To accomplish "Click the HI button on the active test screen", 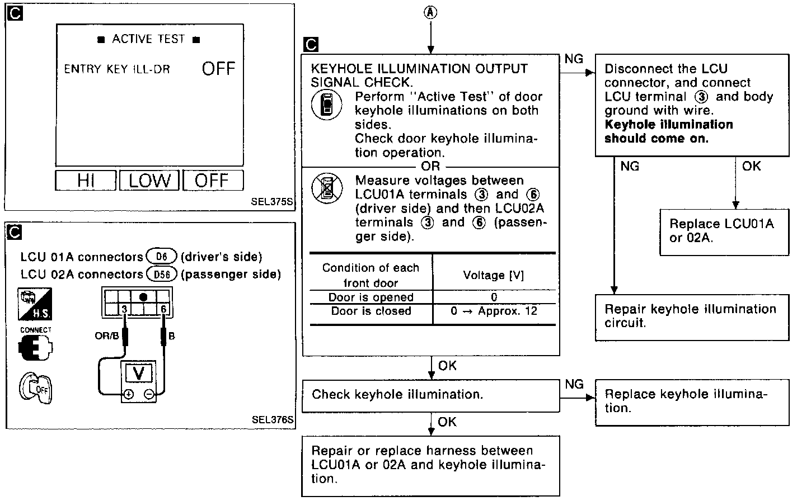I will tap(86, 181).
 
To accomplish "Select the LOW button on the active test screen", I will tap(149, 181).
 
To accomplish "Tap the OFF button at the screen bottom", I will tap(213, 181).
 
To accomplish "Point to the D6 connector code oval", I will tap(162, 257).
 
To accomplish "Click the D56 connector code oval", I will tap(162, 274).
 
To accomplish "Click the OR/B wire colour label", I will tap(106, 336).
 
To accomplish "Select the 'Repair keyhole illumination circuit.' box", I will tap(690, 316).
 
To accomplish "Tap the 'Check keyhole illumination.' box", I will tap(431, 395).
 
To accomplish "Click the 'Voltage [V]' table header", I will tap(493, 275).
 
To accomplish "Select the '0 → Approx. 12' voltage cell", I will tap(494, 311).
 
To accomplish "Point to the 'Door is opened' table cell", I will tap(371, 297).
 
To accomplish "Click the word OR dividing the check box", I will tap(430, 167).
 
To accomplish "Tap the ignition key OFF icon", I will tap(35, 387).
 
